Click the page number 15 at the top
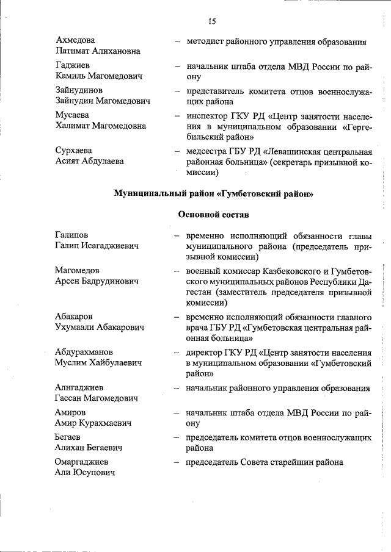tap(212, 22)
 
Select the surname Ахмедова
tap(75, 40)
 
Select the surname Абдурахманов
tap(83, 352)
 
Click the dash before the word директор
tap(177, 352)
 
